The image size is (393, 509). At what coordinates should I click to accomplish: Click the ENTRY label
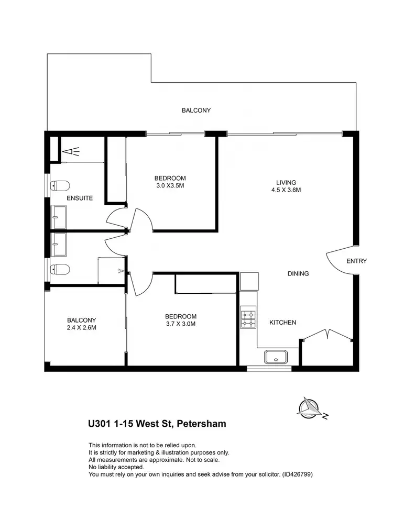[x=357, y=261]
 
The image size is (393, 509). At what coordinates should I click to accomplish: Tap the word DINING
[x=298, y=273]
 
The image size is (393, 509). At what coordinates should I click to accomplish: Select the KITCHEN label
[x=283, y=322]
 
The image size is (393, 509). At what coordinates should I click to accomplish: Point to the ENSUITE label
[x=80, y=198]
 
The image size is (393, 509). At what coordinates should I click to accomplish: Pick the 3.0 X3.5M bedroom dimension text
[x=170, y=186]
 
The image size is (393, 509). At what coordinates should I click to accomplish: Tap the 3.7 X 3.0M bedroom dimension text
[x=181, y=324]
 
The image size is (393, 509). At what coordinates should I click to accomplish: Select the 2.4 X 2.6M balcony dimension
[x=81, y=328]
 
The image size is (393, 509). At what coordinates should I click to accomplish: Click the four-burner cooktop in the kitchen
[x=248, y=317]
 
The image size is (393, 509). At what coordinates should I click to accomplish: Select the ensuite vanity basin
[x=59, y=215]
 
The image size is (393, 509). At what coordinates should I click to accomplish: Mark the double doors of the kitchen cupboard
[x=327, y=335]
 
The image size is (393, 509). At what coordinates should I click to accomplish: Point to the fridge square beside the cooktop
[x=249, y=282]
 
